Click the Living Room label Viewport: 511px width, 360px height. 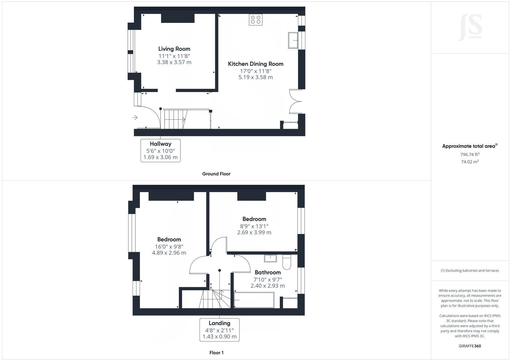point(174,49)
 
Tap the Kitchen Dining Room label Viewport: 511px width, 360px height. point(256,64)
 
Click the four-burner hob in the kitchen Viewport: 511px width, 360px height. point(256,20)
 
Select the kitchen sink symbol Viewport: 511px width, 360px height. point(293,40)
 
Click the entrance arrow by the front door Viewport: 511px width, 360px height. point(135,118)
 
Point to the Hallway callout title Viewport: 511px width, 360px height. point(161,144)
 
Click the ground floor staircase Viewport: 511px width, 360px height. point(175,119)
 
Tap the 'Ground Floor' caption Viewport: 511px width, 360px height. point(216,174)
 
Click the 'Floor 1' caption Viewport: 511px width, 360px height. point(216,353)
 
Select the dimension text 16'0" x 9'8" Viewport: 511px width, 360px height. point(169,246)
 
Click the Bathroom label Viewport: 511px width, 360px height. point(268,272)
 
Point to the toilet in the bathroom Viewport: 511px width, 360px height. point(287,262)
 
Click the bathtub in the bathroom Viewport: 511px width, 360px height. point(254,300)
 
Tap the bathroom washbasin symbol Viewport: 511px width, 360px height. point(270,258)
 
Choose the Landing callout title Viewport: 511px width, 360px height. point(219,323)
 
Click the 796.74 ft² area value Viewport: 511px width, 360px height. point(469,154)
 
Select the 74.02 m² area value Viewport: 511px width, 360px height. point(469,162)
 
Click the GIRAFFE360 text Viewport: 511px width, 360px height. point(469,346)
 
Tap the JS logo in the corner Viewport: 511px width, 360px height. point(470,27)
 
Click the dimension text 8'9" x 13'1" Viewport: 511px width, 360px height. point(254,226)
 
